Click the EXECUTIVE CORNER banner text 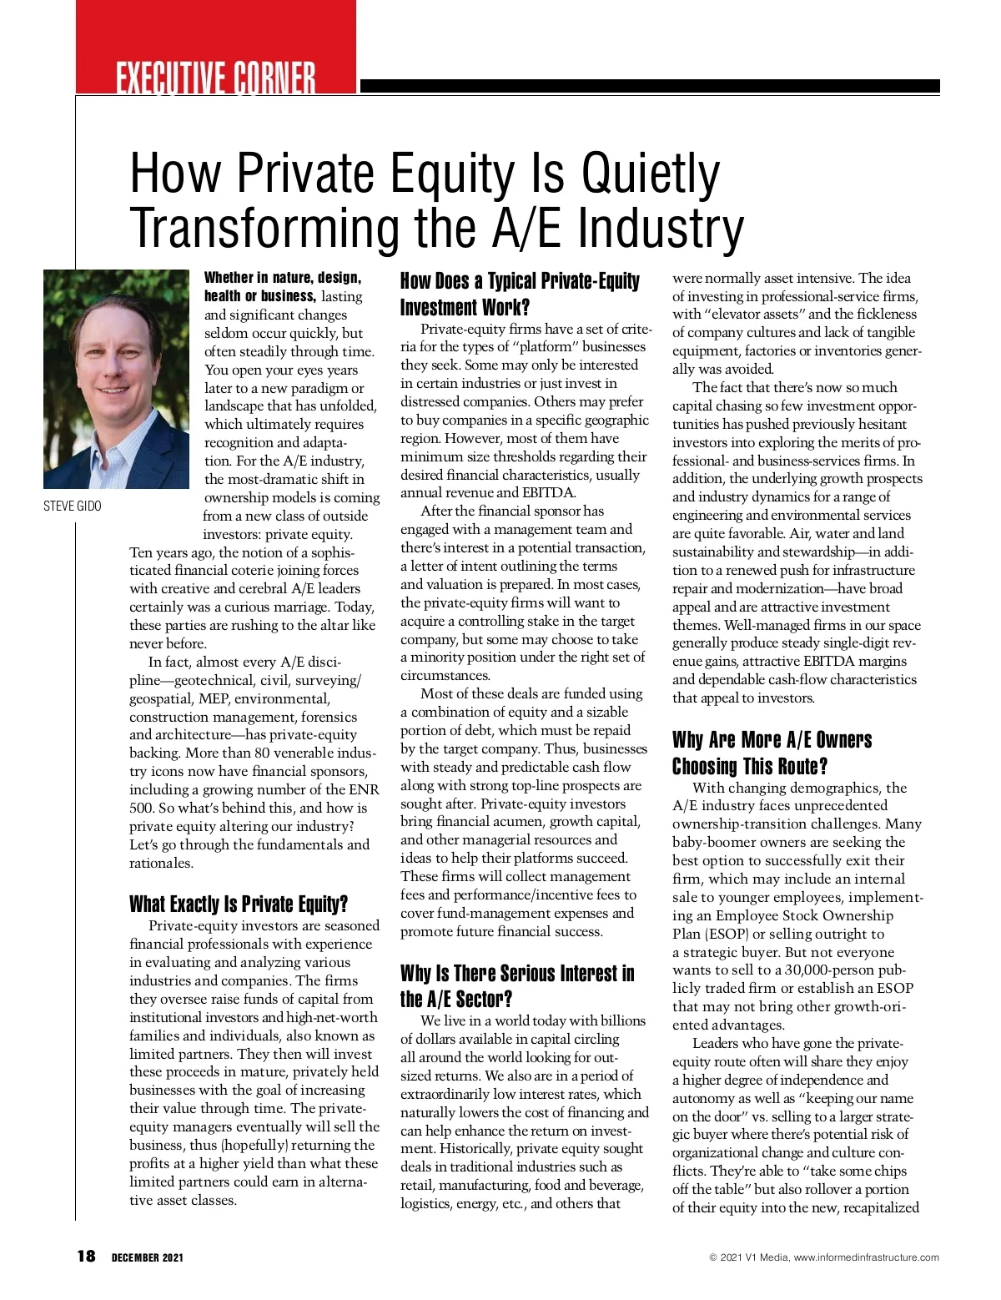[x=216, y=79]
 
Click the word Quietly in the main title [x=650, y=174]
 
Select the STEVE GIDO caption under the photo [x=73, y=506]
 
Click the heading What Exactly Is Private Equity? [x=239, y=904]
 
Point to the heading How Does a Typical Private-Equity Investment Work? [x=519, y=294]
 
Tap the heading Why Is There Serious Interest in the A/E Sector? [x=516, y=986]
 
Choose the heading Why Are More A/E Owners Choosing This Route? [x=772, y=753]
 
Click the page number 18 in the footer [x=86, y=1257]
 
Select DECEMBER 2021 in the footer [x=148, y=1257]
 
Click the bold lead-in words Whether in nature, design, [x=283, y=278]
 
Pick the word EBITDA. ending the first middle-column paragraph [x=549, y=492]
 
